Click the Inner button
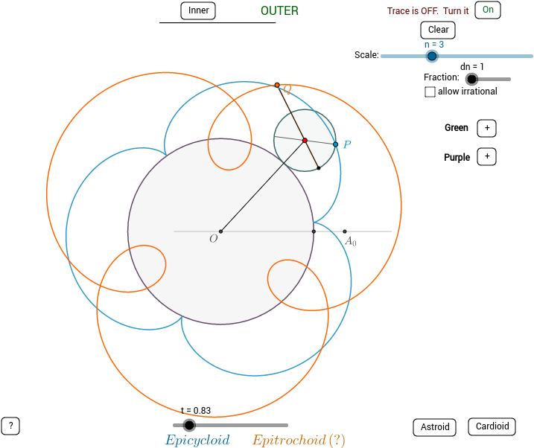(198, 10)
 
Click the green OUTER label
(279, 10)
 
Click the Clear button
(438, 30)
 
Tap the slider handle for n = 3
(432, 56)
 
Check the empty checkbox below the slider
(430, 92)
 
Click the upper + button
(486, 128)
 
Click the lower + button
(486, 156)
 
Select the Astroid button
(435, 427)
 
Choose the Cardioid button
(492, 426)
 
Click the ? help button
(10, 426)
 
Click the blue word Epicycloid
(197, 440)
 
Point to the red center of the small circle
(305, 140)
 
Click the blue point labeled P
(335, 144)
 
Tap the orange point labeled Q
(277, 85)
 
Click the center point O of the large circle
(220, 231)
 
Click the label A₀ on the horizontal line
(350, 241)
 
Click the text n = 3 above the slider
(434, 45)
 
